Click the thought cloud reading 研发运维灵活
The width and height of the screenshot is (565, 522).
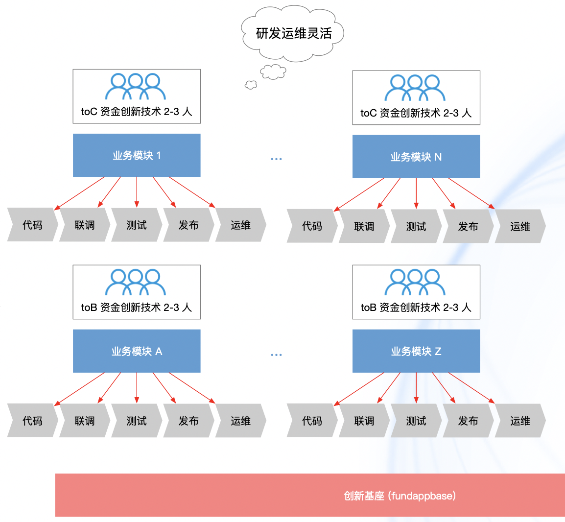point(293,33)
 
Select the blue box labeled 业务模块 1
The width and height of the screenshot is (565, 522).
point(137,155)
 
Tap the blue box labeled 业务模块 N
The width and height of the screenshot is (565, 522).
point(416,157)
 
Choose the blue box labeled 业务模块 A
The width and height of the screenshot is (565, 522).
point(137,351)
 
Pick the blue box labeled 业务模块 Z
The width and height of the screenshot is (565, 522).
point(416,351)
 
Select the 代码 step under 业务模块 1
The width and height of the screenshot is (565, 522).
point(32,225)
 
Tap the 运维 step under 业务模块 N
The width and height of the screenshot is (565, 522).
point(520,226)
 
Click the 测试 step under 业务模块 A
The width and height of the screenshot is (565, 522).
point(137,421)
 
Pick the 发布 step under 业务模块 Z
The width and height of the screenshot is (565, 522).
point(468,421)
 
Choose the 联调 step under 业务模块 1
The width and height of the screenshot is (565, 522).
point(84,225)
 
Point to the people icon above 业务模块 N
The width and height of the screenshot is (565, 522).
point(415,88)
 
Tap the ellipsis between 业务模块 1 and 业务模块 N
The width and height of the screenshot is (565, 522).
point(276,159)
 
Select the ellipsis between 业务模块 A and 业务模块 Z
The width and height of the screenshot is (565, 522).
point(276,355)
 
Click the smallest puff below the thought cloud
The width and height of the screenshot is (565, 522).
point(251,85)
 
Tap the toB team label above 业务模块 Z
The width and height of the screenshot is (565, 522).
point(416,308)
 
